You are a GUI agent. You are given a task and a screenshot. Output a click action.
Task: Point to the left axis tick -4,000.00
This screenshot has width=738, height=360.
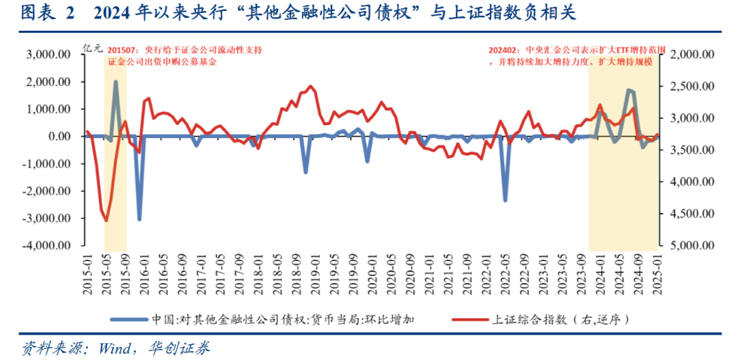point(46,245)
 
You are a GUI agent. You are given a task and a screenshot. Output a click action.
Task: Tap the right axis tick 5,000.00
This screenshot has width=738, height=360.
point(691,245)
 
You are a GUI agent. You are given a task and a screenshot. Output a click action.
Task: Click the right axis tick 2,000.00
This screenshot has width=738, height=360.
point(691,55)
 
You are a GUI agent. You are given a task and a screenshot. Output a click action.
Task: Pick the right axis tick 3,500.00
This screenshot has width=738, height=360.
point(691,150)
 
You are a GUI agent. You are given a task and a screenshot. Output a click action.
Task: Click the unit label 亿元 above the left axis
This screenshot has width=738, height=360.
point(92,48)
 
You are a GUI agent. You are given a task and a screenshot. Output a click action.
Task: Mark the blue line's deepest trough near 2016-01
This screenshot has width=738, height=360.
point(139,219)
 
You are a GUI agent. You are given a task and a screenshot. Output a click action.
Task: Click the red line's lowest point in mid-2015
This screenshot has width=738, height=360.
point(106,221)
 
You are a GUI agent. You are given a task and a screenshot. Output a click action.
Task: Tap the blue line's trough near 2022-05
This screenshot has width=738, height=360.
point(506,200)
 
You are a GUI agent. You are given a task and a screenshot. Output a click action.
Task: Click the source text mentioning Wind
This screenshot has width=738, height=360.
point(116,348)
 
